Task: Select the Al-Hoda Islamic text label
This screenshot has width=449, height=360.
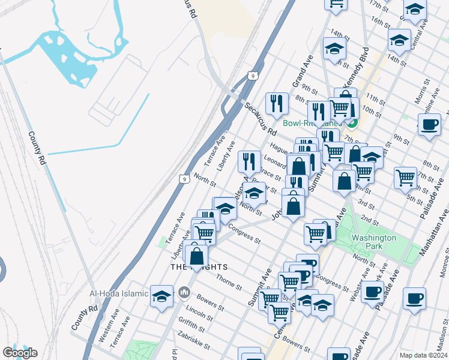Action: point(119,293)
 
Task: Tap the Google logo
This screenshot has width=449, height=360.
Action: point(19,353)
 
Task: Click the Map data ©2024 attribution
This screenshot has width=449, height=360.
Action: point(423,355)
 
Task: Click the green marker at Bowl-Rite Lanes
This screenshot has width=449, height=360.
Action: point(352,124)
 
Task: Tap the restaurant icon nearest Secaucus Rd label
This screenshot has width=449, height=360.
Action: point(276,103)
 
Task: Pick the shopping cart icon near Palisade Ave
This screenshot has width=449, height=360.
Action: point(405,177)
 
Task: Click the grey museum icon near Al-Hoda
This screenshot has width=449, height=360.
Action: point(184,293)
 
